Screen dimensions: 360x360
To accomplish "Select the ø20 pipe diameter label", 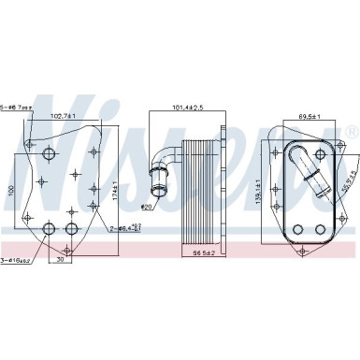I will tap(147, 206).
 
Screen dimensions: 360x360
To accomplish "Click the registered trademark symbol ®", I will tap(353, 129).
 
